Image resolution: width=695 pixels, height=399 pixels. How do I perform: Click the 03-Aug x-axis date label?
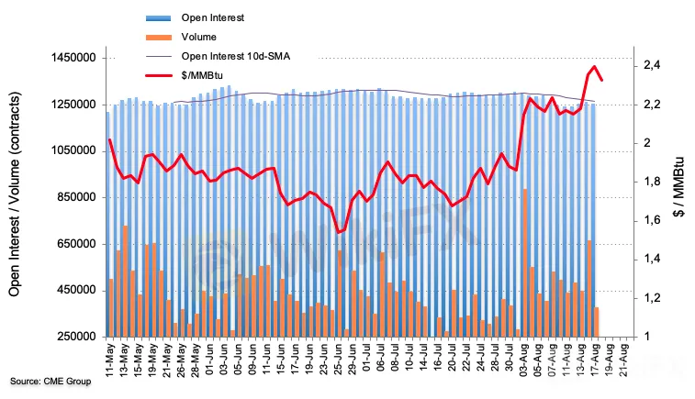[524, 360]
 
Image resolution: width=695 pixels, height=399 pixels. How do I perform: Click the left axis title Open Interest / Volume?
[15, 197]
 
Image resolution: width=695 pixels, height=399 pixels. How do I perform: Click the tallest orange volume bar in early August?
[524, 266]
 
